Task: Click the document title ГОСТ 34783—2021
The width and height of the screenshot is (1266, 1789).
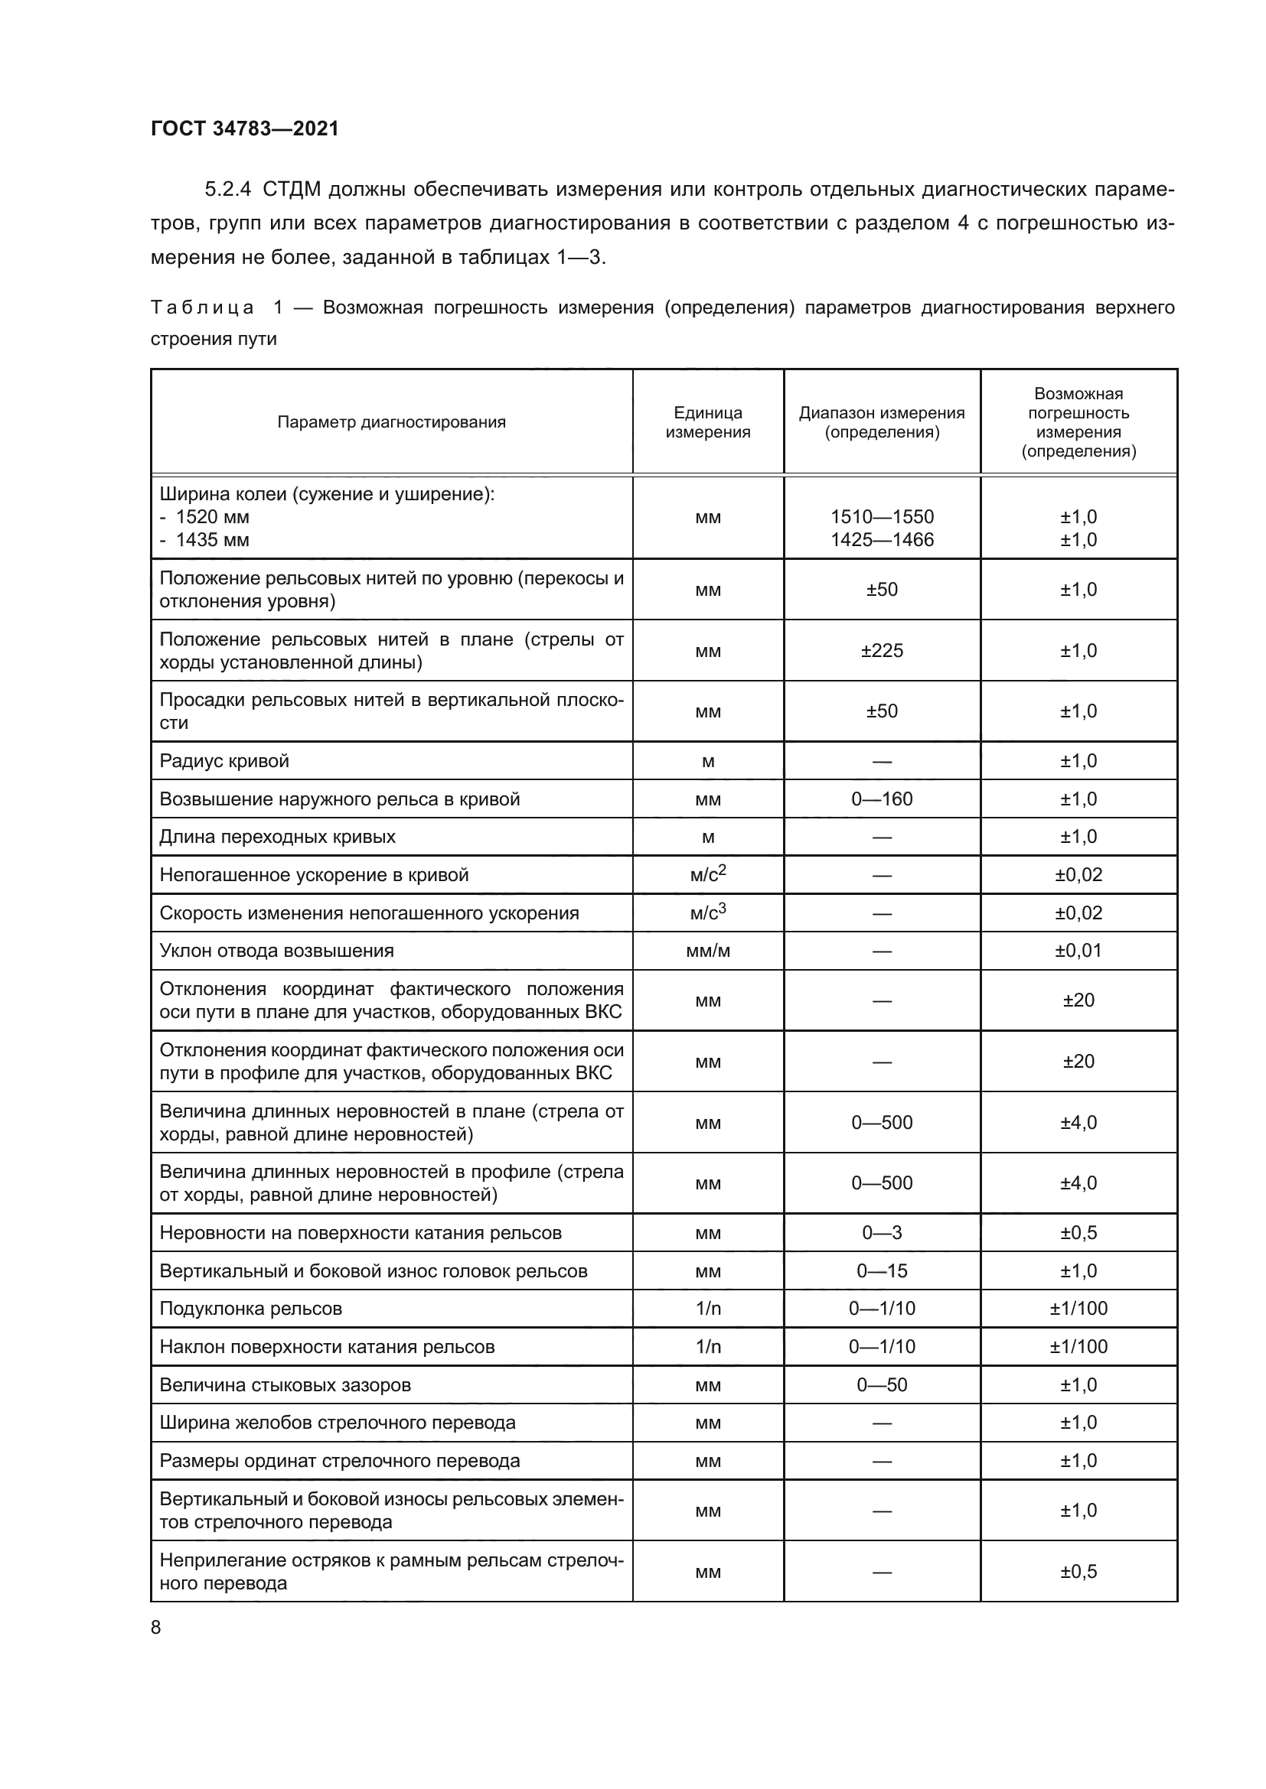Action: tap(245, 128)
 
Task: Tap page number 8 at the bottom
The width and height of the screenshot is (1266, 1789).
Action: tap(156, 1627)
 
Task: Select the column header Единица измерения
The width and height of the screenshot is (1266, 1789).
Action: tap(707, 422)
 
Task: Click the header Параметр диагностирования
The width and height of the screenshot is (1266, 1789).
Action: tap(391, 422)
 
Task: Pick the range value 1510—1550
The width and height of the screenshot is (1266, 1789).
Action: tap(882, 516)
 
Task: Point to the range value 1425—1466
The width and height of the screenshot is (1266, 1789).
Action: tap(882, 539)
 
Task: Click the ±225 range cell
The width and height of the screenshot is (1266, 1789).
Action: tap(882, 651)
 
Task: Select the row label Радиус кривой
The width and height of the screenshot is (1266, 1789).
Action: tap(224, 761)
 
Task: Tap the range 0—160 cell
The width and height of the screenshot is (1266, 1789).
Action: tap(882, 799)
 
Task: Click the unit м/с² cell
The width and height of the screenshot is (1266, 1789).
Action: tap(707, 874)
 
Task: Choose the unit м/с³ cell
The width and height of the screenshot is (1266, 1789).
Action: tap(707, 912)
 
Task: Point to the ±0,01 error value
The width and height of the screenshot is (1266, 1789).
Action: tap(1078, 951)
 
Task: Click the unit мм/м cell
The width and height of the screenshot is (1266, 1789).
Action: tap(707, 951)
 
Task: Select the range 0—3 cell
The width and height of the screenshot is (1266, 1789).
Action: tap(882, 1233)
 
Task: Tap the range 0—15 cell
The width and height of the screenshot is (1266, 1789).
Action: tap(882, 1271)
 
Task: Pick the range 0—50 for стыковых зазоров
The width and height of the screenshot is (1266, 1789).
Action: tap(882, 1384)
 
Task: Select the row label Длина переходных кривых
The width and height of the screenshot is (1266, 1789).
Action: tap(278, 837)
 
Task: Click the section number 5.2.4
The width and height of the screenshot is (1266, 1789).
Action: tap(227, 190)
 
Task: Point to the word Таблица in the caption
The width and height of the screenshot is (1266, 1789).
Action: tap(202, 307)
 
